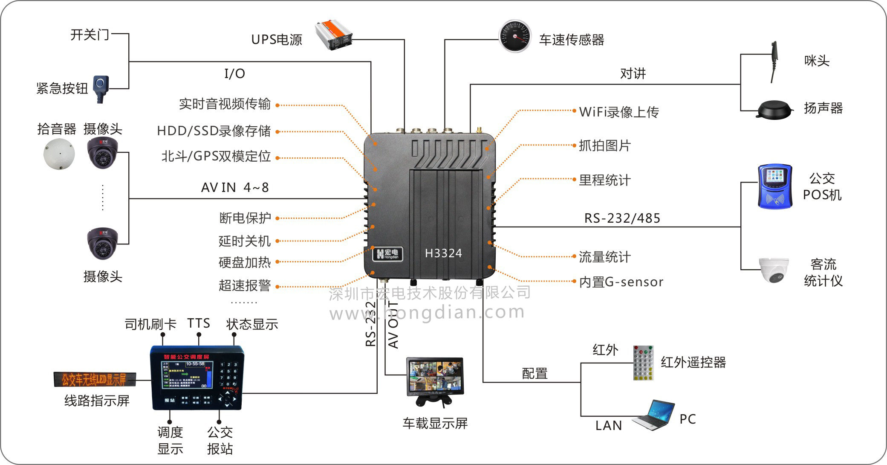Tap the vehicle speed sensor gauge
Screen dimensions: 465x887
point(515,36)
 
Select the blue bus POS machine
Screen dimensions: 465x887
point(774,187)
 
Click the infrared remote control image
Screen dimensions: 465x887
point(643,363)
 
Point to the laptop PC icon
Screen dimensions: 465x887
point(653,415)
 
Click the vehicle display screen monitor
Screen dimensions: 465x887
point(435,378)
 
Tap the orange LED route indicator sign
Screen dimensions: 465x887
point(95,379)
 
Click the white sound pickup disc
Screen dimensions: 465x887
point(59,154)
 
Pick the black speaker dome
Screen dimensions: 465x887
point(774,110)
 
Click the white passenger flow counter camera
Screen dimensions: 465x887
point(774,270)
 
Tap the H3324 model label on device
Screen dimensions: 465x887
point(443,253)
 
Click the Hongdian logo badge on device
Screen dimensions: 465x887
point(387,253)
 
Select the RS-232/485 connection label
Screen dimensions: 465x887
point(622,218)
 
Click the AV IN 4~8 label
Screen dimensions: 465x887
point(235,188)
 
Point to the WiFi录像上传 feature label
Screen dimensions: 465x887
point(619,112)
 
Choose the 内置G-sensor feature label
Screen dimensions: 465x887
point(621,282)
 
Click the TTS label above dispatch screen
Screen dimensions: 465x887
point(199,323)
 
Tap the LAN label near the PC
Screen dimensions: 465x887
point(609,425)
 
